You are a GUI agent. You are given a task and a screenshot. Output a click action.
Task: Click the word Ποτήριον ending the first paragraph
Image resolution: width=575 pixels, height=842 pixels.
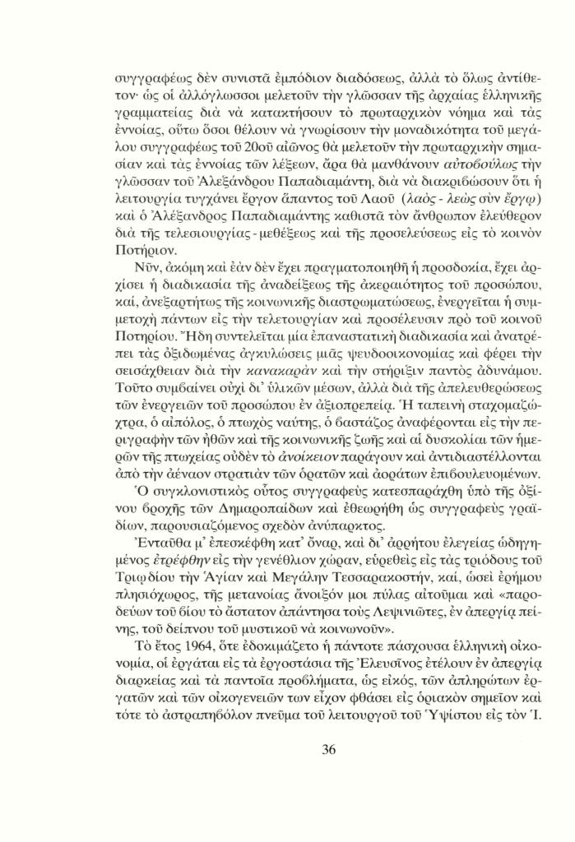(x=139, y=251)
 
